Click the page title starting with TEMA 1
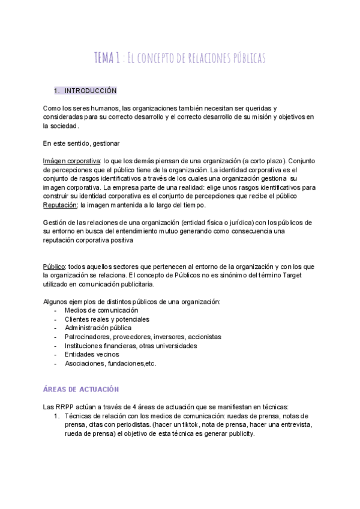179,58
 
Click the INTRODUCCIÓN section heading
90,91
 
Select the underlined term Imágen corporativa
71,161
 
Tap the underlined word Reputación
61,205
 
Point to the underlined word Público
54,267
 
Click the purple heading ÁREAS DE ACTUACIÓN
81,373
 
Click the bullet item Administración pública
98,328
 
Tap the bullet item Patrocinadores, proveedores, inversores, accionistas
143,337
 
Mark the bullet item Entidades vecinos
91,354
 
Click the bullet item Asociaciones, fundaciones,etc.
110,363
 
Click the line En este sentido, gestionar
82,143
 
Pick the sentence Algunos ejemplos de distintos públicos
132,301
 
